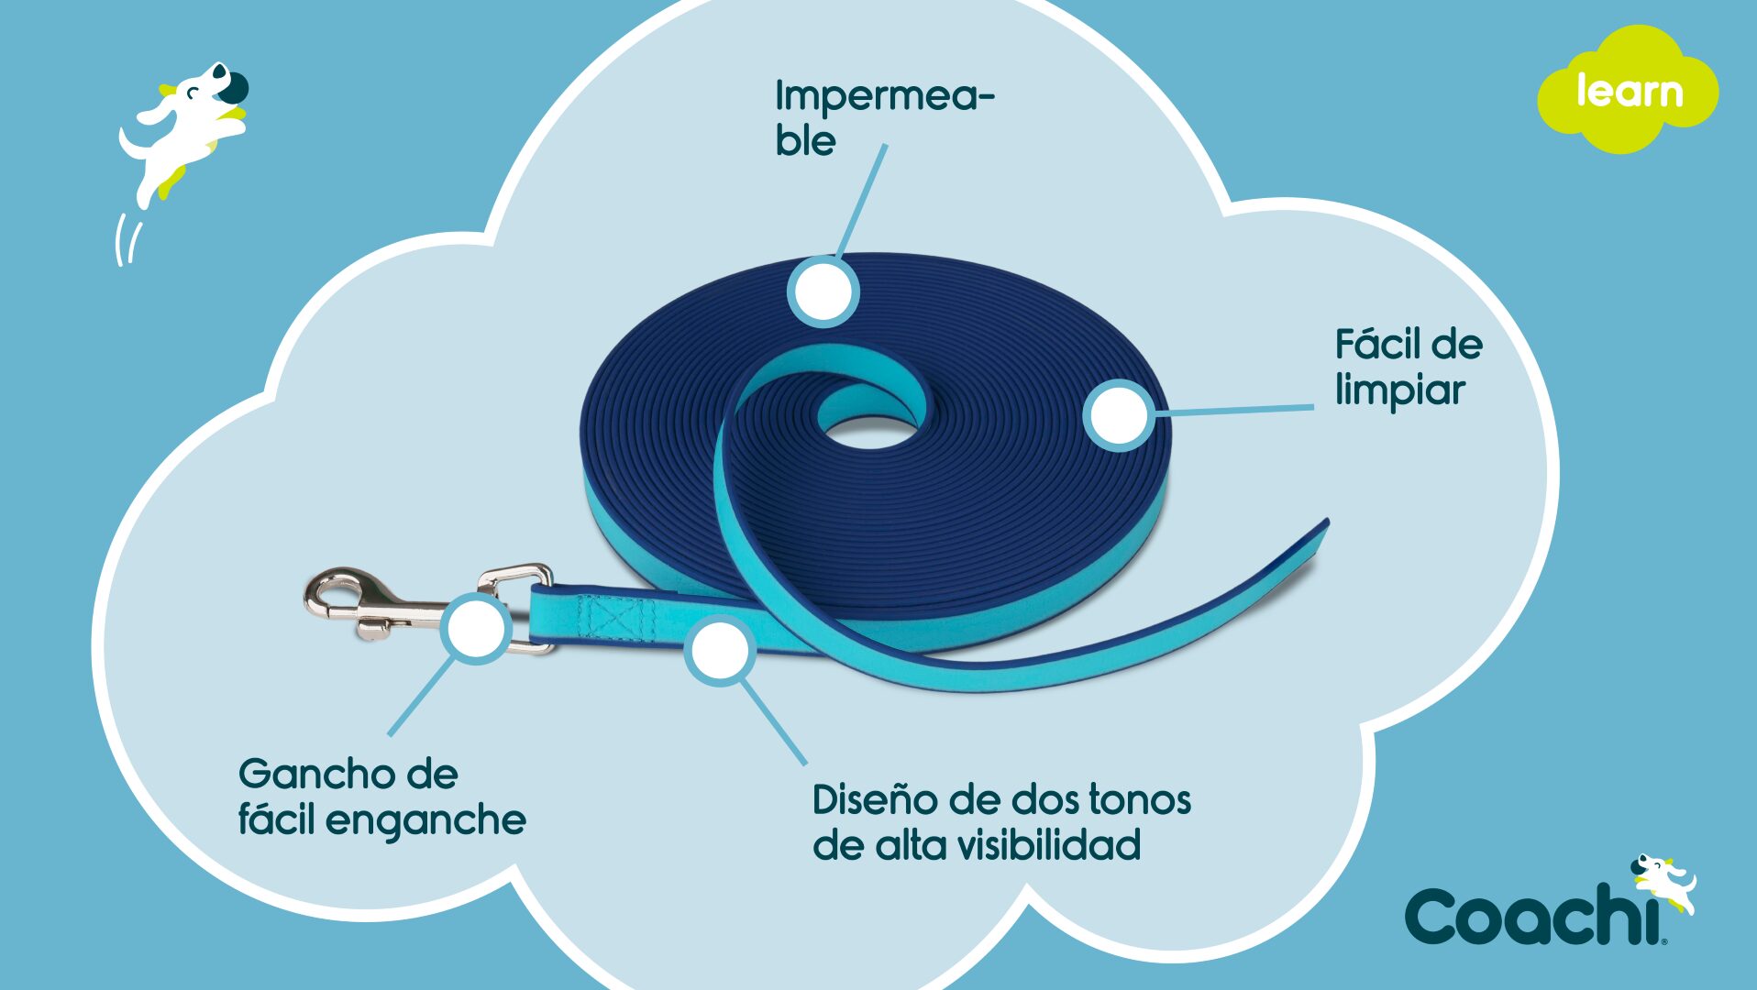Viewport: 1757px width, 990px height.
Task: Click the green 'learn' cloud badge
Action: (x=1628, y=89)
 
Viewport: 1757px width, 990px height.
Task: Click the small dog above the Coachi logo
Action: (x=1663, y=884)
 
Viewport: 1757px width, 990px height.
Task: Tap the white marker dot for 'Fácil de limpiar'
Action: (x=1119, y=415)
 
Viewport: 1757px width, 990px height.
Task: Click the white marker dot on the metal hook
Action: (x=476, y=628)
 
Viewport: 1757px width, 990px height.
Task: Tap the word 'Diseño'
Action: (x=874, y=799)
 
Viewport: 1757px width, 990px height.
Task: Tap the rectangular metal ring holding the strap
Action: (x=516, y=608)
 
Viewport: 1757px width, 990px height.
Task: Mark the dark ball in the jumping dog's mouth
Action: (x=233, y=87)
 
